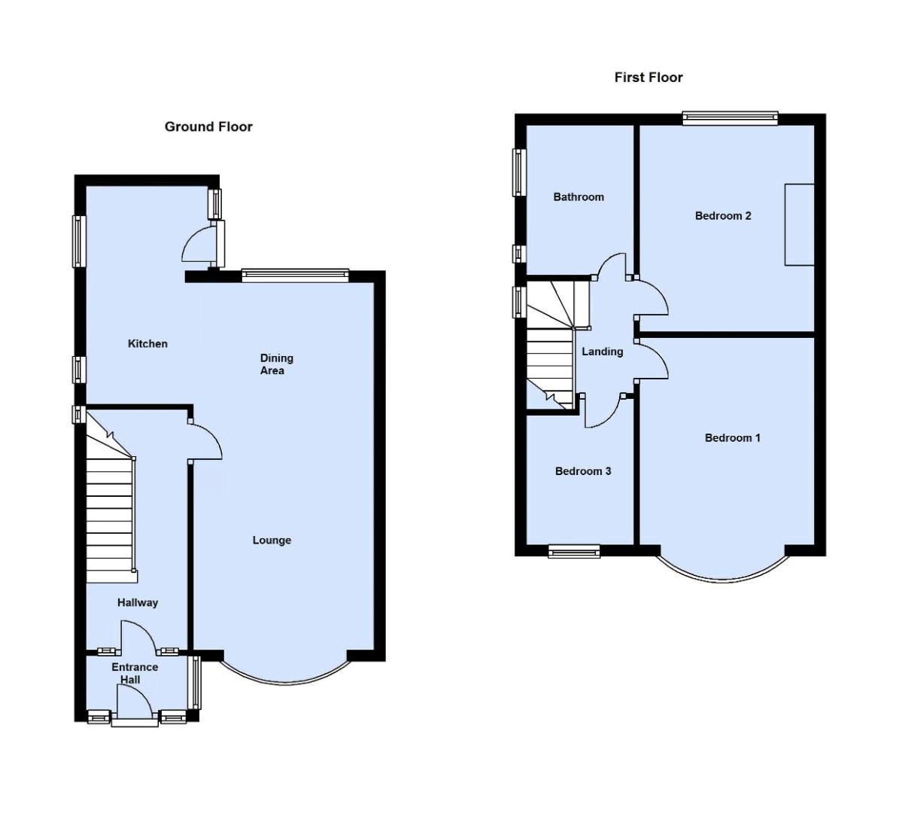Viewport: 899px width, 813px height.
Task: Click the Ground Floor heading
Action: pos(208,126)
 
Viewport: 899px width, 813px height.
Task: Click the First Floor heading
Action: pos(648,77)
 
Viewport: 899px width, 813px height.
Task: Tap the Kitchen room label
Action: pos(147,343)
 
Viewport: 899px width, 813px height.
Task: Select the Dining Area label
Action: pos(276,364)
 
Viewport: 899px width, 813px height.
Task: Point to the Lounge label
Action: pos(272,540)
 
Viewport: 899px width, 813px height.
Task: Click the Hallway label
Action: pos(138,602)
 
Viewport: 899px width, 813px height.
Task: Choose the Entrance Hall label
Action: pos(135,673)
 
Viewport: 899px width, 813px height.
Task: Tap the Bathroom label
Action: pos(579,196)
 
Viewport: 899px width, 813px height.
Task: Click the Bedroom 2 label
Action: pos(723,215)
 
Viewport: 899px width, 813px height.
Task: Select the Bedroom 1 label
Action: pos(732,437)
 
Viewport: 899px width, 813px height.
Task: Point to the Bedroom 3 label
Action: pos(583,471)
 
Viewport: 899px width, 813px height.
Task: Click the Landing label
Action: pos(602,352)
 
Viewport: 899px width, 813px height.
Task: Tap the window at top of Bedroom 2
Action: pos(730,117)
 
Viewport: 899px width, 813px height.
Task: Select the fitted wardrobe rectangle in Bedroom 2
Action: pos(799,224)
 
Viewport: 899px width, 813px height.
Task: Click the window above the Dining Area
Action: pos(295,275)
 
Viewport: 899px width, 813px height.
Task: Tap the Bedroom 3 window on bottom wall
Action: pos(574,552)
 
